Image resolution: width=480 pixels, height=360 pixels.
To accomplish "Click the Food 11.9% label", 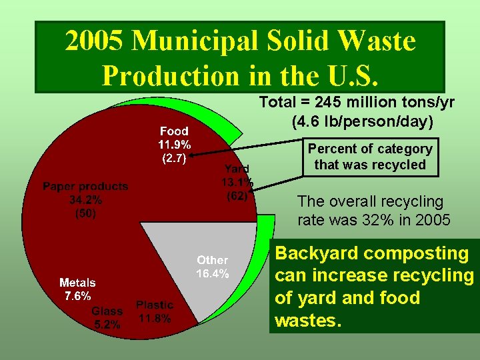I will [174, 145].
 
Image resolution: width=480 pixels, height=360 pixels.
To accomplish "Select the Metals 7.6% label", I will [77, 289].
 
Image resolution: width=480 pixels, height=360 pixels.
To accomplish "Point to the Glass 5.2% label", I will [107, 318].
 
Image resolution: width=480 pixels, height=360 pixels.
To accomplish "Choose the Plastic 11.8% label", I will [154, 311].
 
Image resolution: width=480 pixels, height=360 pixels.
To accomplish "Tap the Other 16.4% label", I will [213, 267].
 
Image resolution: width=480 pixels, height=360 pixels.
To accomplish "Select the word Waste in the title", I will [377, 41].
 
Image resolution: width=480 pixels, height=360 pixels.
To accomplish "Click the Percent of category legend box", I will [373, 157].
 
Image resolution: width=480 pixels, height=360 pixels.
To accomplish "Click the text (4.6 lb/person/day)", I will [363, 122].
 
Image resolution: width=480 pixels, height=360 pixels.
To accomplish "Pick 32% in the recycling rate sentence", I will [365, 220].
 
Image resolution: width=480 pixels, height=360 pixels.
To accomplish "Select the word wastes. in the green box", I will [308, 321].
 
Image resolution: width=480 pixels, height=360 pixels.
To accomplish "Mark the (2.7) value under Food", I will [173, 159].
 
